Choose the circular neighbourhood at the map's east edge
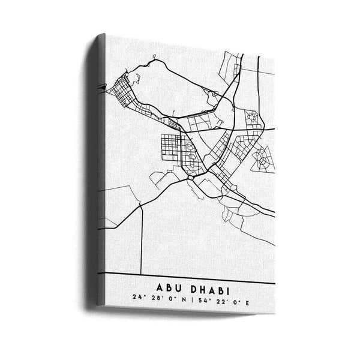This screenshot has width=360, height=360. tap(263, 159)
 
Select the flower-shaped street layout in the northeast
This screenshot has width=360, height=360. tap(253, 118)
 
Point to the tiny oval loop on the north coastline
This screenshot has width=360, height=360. tap(154, 58)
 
